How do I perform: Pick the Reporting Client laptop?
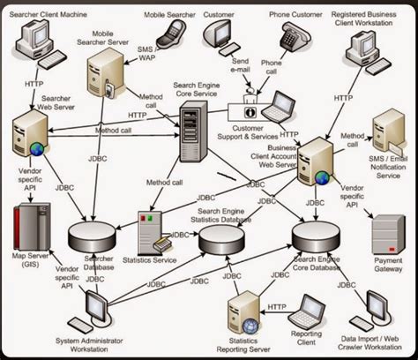[308, 308]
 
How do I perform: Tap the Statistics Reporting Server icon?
[243, 313]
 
